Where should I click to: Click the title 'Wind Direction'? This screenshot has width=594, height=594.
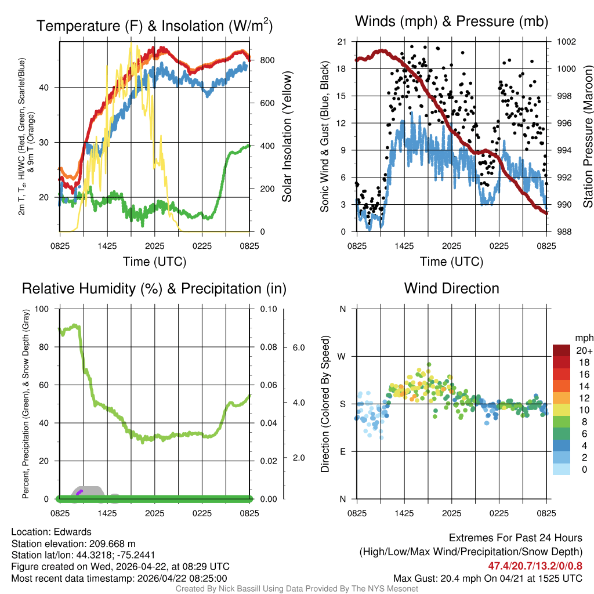click(x=451, y=288)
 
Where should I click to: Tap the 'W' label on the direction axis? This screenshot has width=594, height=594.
click(x=342, y=356)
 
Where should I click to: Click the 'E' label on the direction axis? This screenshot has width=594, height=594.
click(x=342, y=451)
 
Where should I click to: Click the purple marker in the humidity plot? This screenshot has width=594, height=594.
click(x=79, y=492)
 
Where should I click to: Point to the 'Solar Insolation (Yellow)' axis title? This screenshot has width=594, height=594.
click(x=287, y=137)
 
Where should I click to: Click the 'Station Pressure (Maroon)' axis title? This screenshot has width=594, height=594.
click(x=587, y=137)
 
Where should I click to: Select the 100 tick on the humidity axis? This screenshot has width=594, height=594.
click(x=42, y=309)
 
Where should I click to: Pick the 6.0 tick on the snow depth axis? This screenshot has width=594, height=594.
click(x=298, y=347)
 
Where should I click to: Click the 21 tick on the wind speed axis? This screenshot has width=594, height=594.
click(x=342, y=42)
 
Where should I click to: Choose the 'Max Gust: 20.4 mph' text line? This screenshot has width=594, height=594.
click(x=487, y=578)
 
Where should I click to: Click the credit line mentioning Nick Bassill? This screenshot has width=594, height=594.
click(x=296, y=589)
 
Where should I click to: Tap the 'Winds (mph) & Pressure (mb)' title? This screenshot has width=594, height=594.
click(x=451, y=22)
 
